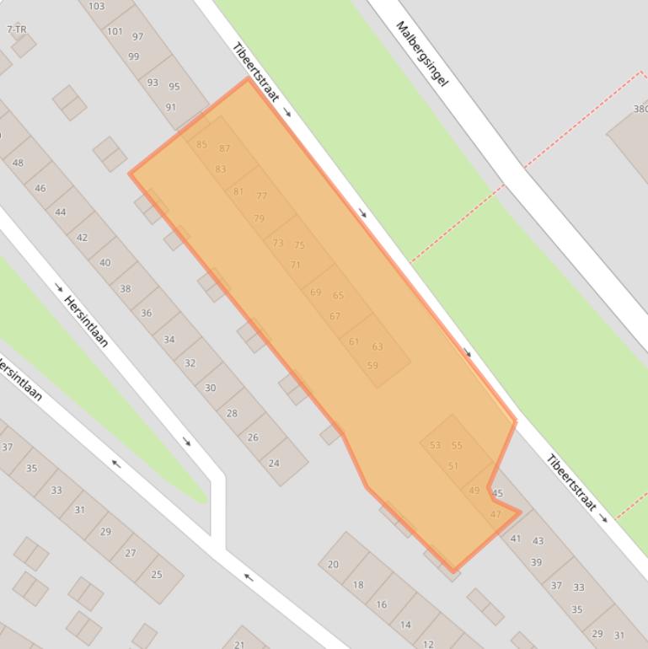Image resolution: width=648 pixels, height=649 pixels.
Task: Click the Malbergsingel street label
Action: pyautogui.click(x=421, y=54)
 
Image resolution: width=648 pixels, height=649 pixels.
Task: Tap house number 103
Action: pyautogui.click(x=96, y=7)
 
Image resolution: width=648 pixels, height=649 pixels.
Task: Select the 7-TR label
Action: pyautogui.click(x=16, y=29)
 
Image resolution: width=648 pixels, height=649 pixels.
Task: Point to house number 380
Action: pyautogui.click(x=640, y=109)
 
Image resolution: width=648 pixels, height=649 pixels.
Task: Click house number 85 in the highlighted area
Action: pyautogui.click(x=201, y=145)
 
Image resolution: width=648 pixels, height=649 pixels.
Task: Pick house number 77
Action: pyautogui.click(x=261, y=196)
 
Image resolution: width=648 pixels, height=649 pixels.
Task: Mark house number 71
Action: pyautogui.click(x=295, y=265)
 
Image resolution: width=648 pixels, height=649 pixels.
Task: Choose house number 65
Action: pyautogui.click(x=338, y=296)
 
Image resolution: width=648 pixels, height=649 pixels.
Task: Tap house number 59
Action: pyautogui.click(x=372, y=366)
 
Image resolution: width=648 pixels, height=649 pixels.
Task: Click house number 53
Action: pyautogui.click(x=435, y=446)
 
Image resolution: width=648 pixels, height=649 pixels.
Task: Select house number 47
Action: pyautogui.click(x=495, y=514)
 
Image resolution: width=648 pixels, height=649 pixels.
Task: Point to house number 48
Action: pyautogui.click(x=19, y=163)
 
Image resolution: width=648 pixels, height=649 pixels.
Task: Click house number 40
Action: pyautogui.click(x=104, y=263)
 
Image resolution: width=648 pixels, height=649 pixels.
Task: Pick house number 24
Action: pyautogui.click(x=274, y=463)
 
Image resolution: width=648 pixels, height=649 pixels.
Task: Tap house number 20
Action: pyautogui.click(x=333, y=565)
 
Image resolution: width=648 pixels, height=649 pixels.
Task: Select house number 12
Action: pyautogui.click(x=428, y=644)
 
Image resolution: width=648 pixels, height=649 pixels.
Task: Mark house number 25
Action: pyautogui.click(x=156, y=575)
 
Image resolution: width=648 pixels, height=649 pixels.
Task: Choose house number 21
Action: pyautogui.click(x=239, y=642)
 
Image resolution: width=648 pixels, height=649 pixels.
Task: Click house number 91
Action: pyautogui.click(x=171, y=107)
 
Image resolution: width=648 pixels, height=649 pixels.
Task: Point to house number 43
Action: pyautogui.click(x=538, y=541)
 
